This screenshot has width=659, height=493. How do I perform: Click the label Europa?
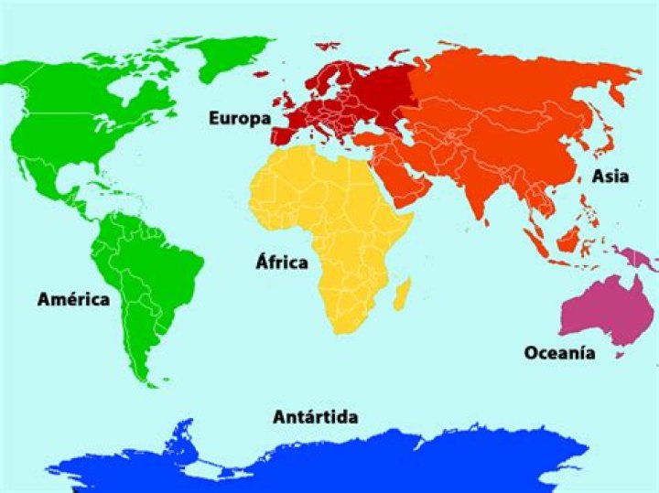(239, 118)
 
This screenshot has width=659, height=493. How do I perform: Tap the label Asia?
(610, 176)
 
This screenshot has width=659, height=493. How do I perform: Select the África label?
(281, 263)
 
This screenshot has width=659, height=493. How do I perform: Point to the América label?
(73, 299)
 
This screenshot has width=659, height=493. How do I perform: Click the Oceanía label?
(559, 353)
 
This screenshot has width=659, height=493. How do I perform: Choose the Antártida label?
(315, 417)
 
